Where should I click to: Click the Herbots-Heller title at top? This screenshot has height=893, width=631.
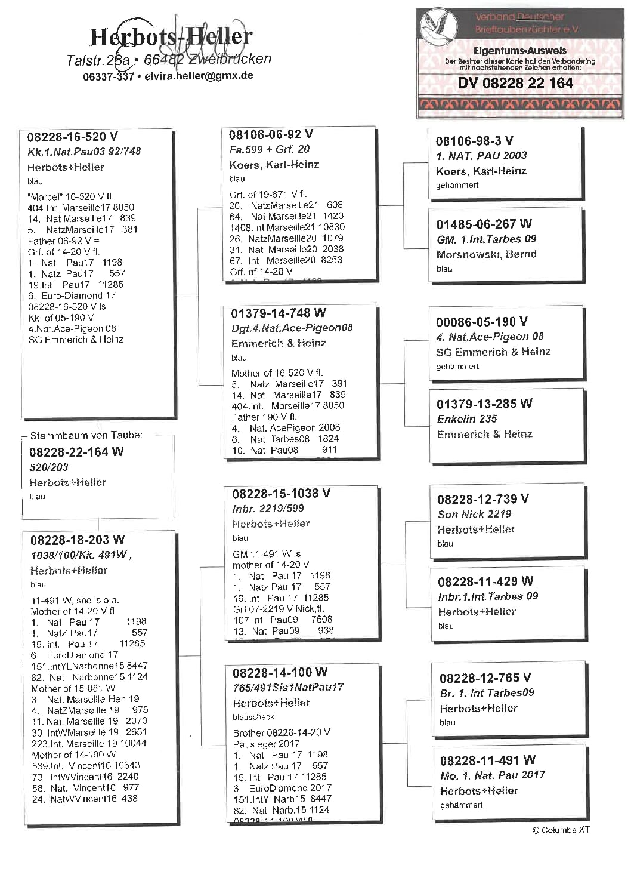[x=171, y=37]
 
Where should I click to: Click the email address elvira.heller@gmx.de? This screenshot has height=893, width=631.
[x=199, y=76]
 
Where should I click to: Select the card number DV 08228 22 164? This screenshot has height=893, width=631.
[x=515, y=84]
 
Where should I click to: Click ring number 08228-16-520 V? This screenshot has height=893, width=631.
[x=72, y=137]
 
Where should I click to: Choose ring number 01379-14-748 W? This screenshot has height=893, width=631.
[x=279, y=313]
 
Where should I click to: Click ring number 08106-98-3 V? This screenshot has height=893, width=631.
[x=474, y=141]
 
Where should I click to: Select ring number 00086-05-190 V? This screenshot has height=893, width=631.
[x=481, y=322]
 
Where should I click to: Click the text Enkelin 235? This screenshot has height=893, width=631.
[x=467, y=419]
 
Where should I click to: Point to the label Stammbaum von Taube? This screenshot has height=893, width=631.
[x=86, y=436]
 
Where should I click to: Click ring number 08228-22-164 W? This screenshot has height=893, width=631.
[x=76, y=452]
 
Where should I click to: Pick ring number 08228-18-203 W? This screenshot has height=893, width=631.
[x=78, y=540]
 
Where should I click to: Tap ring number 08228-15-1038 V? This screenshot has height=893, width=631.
[x=281, y=494]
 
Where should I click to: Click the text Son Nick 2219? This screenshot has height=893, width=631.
[x=474, y=514]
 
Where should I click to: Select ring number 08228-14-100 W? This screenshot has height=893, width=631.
[x=280, y=673]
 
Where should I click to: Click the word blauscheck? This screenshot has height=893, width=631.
[x=253, y=717]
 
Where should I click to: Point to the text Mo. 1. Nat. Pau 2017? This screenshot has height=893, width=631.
[x=493, y=775]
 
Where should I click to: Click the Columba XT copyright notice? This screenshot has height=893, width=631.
[x=561, y=830]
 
